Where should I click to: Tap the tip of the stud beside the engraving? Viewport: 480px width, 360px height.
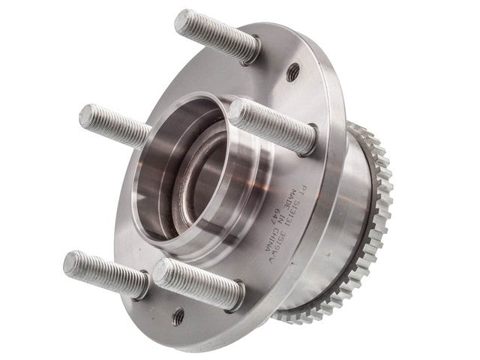(238, 112)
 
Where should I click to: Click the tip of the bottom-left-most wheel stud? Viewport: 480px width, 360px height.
(72, 262)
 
